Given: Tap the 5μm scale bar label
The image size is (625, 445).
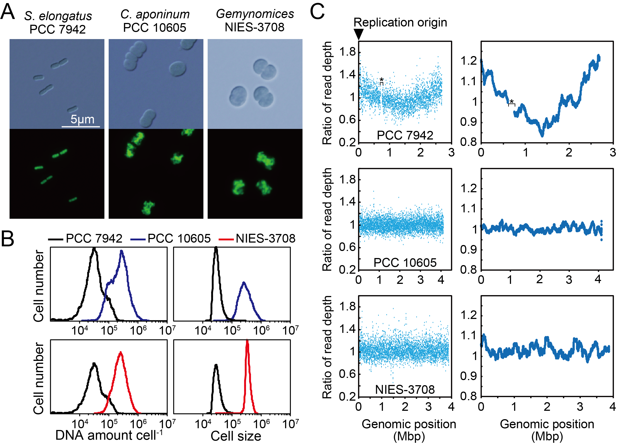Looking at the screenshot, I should [82, 119].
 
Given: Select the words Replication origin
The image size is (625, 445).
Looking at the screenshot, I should [400, 23].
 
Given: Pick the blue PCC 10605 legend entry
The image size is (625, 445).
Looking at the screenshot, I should [170, 238].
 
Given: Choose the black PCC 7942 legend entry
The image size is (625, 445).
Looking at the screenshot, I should [85, 238].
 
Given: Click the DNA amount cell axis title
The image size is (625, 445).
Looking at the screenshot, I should [109, 435].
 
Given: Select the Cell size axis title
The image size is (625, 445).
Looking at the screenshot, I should [236, 436].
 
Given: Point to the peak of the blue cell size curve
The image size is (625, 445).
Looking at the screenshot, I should [244, 283].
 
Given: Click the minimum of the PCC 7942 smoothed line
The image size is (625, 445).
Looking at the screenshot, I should [542, 135].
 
